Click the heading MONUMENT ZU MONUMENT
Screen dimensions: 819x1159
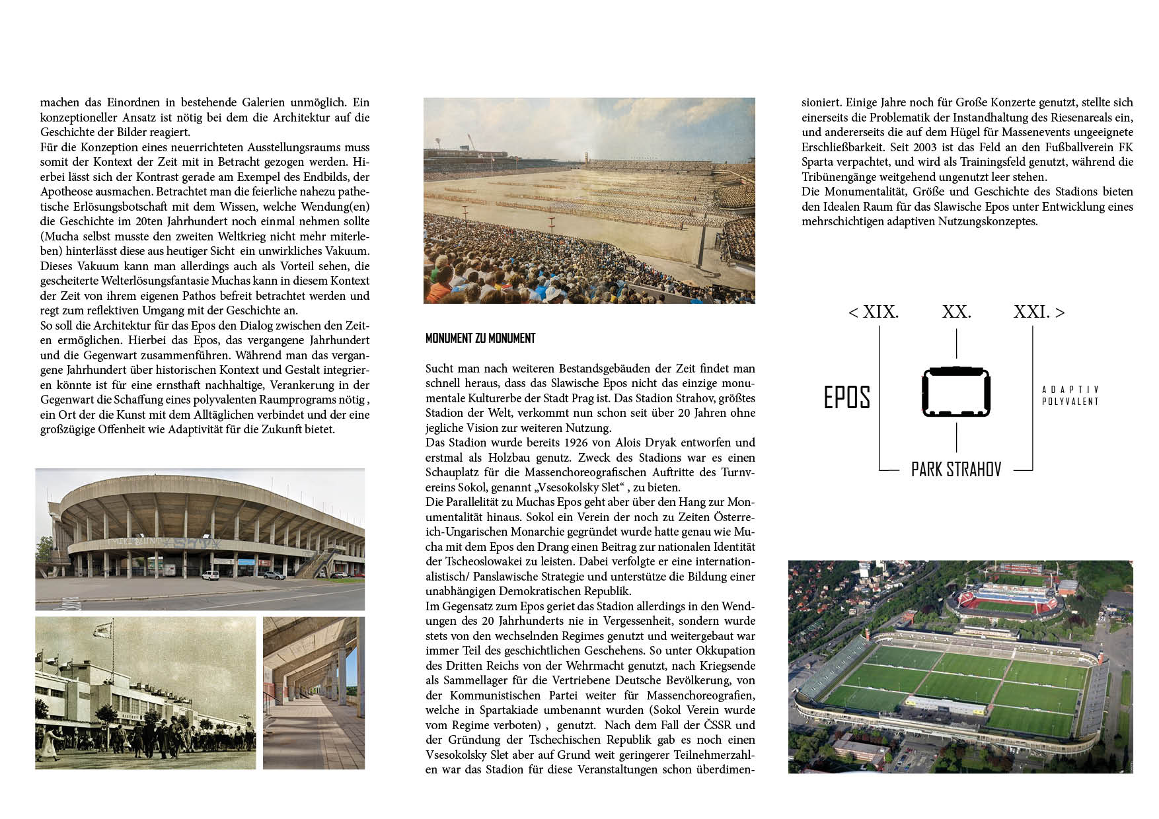pos(480,338)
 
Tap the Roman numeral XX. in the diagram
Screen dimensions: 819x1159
pos(956,312)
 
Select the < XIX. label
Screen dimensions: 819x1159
pos(874,312)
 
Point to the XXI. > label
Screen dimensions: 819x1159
pos(1039,312)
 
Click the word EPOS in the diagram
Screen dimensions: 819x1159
pos(846,397)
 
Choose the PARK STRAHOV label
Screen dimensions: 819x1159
pos(956,470)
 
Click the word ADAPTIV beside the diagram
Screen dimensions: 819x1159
pos(1070,390)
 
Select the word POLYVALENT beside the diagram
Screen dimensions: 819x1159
pos(1070,401)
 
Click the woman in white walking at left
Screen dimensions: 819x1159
pos(48,743)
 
